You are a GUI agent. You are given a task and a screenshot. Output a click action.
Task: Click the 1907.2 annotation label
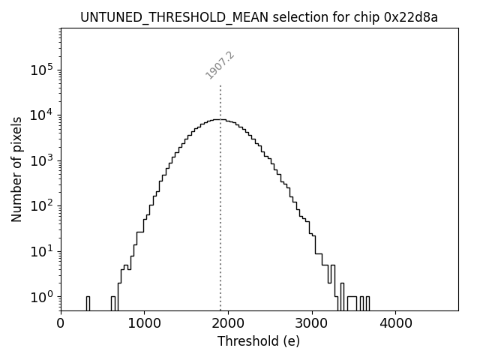[220, 65]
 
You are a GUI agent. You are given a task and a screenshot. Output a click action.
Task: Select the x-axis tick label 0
[61, 323]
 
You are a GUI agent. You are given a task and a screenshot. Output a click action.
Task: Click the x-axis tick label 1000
[144, 323]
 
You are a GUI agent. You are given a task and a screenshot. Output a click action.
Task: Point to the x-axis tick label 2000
[228, 323]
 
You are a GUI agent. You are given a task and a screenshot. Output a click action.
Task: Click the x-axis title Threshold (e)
[259, 341]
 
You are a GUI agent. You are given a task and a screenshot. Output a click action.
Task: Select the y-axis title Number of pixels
[16, 169]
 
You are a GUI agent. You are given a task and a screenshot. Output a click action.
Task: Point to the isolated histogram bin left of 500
[88, 303]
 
